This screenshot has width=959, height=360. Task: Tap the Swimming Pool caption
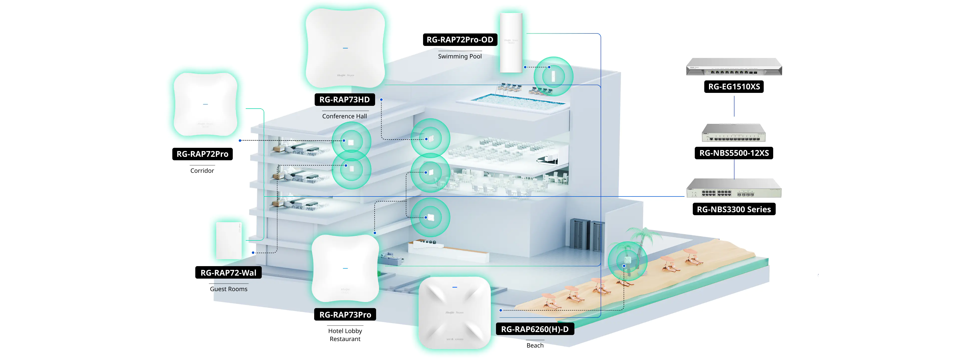pyautogui.click(x=460, y=56)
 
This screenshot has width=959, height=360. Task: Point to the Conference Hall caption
pyautogui.click(x=344, y=116)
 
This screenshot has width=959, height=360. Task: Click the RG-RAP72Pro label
pyautogui.click(x=202, y=154)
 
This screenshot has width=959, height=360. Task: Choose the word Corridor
pyautogui.click(x=202, y=171)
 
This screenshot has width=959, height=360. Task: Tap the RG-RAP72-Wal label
pyautogui.click(x=228, y=273)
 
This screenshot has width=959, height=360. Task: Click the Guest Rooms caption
pyautogui.click(x=228, y=289)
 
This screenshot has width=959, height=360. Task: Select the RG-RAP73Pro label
pyautogui.click(x=345, y=315)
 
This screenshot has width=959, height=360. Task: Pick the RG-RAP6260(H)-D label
pyautogui.click(x=535, y=329)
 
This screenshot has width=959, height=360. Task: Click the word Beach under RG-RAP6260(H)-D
pyautogui.click(x=535, y=346)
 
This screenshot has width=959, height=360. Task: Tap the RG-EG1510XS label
pyautogui.click(x=734, y=87)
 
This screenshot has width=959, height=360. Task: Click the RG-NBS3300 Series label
pyautogui.click(x=734, y=209)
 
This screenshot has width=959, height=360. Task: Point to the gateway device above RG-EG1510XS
pyautogui.click(x=734, y=67)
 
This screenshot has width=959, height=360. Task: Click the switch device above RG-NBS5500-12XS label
pyautogui.click(x=733, y=133)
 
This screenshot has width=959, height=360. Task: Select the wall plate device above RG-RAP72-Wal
pyautogui.click(x=229, y=240)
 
